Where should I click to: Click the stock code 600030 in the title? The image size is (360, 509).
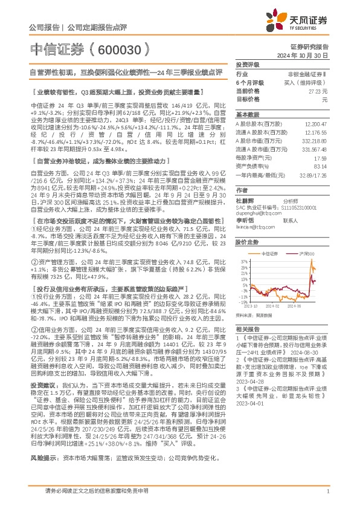tap(120, 48)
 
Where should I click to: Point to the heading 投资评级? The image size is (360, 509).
tap(248, 64)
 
